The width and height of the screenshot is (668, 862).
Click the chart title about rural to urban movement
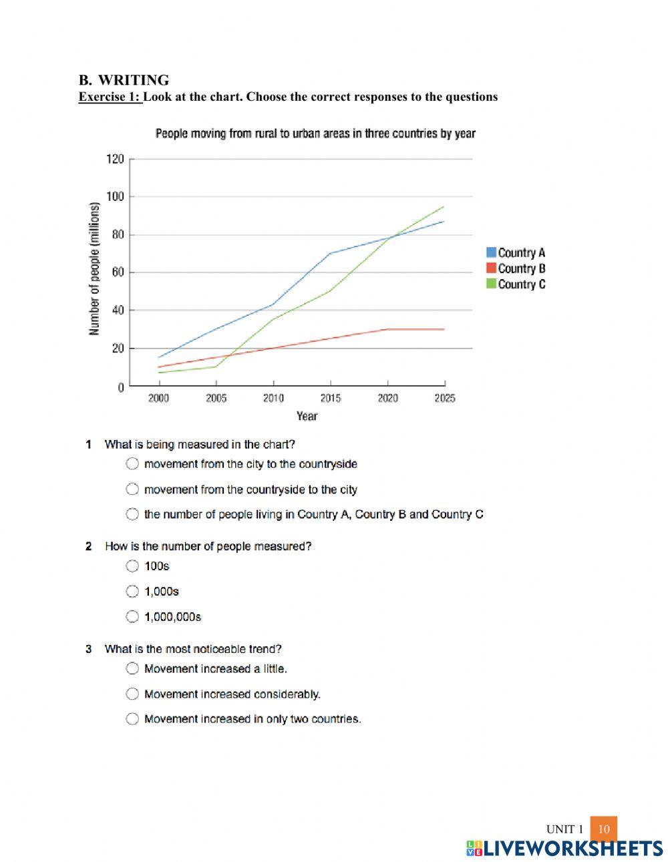point(315,134)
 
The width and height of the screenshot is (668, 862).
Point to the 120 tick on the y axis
point(115,159)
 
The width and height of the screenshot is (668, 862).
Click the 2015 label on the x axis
point(330,399)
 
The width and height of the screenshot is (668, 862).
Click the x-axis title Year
point(307,416)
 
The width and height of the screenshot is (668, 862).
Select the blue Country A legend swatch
point(491,252)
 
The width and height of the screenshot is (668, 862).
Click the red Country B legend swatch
point(491,268)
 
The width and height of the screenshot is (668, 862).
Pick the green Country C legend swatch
point(491,284)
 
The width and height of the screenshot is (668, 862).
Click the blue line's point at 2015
point(330,254)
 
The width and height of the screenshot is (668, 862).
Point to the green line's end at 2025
point(444,207)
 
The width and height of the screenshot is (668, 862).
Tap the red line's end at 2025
point(444,329)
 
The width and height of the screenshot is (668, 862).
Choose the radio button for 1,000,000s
point(132,616)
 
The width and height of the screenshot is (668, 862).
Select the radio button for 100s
point(132,566)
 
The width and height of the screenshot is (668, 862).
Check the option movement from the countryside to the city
point(132,489)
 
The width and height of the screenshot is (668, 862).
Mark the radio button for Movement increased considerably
point(132,694)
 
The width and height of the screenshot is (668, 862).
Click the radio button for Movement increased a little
point(132,668)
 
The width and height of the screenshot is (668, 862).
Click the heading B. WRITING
point(124,80)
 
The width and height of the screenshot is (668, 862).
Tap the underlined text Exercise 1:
point(110,97)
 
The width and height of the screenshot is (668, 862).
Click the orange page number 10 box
point(603,829)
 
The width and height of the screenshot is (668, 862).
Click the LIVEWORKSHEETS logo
point(564,848)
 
